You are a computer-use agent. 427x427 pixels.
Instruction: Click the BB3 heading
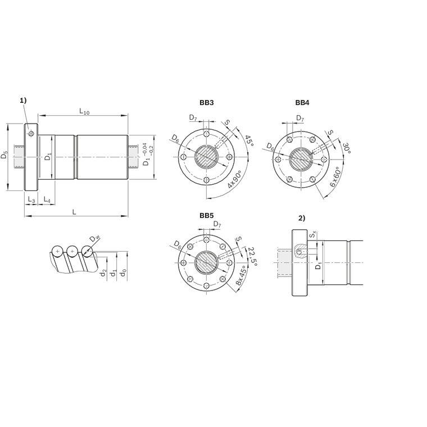point(206,103)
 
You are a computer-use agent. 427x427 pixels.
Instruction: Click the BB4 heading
point(302,103)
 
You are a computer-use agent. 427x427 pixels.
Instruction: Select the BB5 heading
point(206,216)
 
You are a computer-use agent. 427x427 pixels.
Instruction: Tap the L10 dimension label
point(84,111)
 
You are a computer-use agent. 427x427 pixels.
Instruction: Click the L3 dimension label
point(31,199)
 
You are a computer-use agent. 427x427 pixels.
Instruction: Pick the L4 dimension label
point(47,199)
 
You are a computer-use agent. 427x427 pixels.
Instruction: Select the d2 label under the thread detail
point(103,272)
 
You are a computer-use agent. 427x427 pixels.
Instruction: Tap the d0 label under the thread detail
point(124,272)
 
